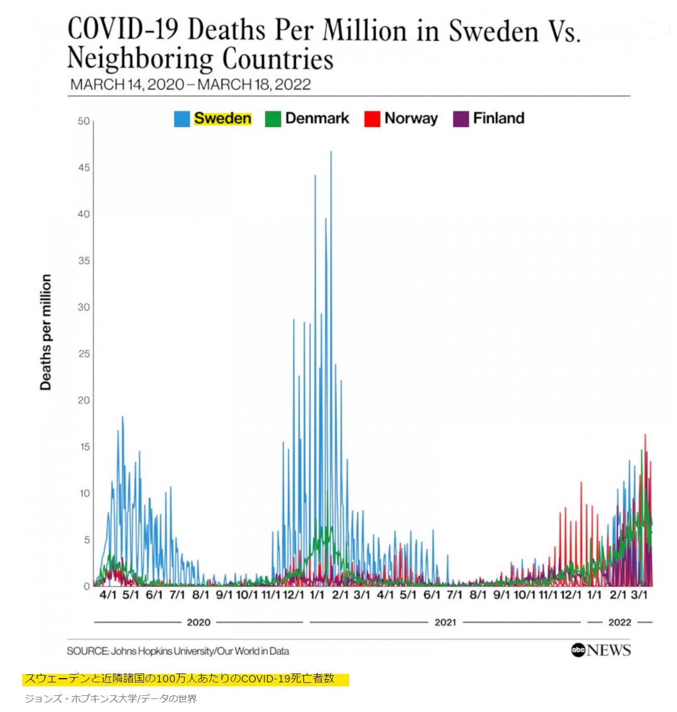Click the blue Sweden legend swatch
182,119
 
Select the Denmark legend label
317,119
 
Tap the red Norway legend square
372,119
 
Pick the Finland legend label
498,119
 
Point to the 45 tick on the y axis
84,167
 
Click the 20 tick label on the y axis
84,400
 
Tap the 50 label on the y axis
84,121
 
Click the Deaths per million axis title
46,332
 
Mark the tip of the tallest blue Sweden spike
331,152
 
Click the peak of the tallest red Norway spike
645,435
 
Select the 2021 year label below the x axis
445,622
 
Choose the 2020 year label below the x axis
198,622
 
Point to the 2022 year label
619,622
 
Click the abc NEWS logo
601,650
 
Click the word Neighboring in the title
140,58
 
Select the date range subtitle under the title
190,84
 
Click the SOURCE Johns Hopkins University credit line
178,651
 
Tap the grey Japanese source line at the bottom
111,698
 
